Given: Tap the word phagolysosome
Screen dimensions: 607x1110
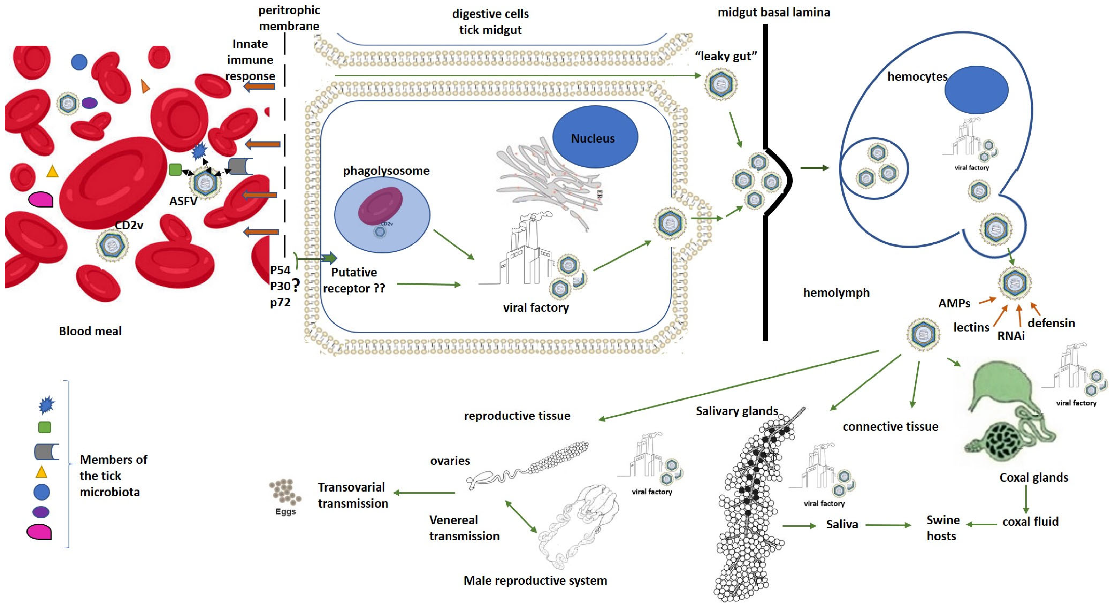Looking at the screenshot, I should coord(386,171).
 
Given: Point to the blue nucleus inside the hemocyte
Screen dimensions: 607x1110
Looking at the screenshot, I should coord(976,90).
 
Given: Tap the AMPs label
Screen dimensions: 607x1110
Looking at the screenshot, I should coord(954,303).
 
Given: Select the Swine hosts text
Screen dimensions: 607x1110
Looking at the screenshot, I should coord(942,528).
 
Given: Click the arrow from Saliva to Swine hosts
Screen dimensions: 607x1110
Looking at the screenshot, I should coord(888,525).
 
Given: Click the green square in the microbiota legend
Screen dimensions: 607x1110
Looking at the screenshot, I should coord(45,427).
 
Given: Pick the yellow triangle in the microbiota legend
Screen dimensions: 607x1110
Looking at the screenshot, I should coord(41,472).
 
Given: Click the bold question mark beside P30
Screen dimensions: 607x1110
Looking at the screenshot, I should coord(296,285).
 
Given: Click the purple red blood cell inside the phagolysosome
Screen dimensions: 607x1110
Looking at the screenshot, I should coord(380,206).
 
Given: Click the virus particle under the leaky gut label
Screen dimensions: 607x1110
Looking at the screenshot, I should coord(721,84).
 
